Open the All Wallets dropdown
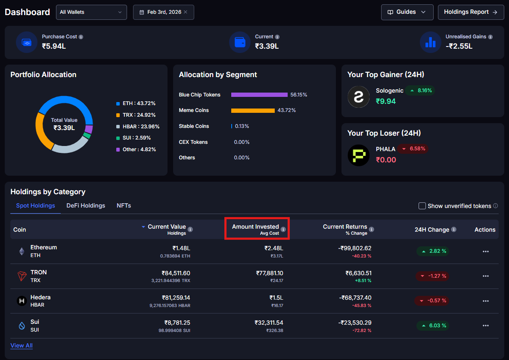coord(91,12)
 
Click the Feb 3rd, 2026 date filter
coord(163,12)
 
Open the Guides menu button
coord(407,12)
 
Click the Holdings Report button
coord(471,12)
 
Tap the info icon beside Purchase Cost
coord(81,37)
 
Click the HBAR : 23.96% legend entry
coord(138,127)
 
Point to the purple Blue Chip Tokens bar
coord(259,95)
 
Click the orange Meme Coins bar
coord(253,111)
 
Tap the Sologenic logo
coord(358,96)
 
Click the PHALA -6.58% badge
coord(413,149)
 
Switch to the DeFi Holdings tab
coord(86,206)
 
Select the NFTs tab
coord(124,206)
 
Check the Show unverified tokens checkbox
coord(422,206)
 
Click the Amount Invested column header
coord(255,227)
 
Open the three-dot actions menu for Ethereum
coord(486,251)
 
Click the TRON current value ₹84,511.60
coord(176,273)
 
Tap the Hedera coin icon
coord(22,301)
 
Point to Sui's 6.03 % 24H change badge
coord(432,326)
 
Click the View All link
coord(22,345)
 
